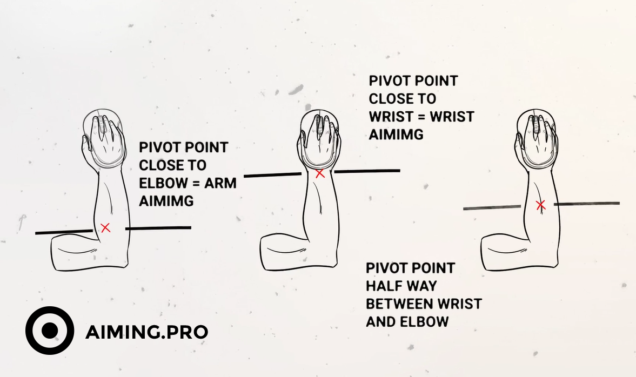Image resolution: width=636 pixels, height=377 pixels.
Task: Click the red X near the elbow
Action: (x=105, y=228)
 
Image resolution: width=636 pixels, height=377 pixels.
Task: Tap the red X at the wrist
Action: (x=320, y=173)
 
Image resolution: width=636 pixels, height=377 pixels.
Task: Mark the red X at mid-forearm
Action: (x=540, y=205)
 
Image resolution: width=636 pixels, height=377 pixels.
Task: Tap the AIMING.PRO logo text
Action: (x=147, y=332)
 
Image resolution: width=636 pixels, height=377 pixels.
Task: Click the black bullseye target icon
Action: (x=50, y=331)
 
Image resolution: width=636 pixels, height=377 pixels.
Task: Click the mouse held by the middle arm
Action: (x=320, y=139)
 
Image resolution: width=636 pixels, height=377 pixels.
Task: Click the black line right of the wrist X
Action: (x=367, y=171)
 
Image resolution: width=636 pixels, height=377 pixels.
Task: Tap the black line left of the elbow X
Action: (x=64, y=232)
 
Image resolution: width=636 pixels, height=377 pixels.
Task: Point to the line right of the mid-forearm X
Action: (x=586, y=204)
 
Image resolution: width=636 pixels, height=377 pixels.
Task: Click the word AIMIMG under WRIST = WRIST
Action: (x=396, y=134)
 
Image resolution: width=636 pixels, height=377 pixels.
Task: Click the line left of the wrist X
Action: (x=272, y=175)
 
